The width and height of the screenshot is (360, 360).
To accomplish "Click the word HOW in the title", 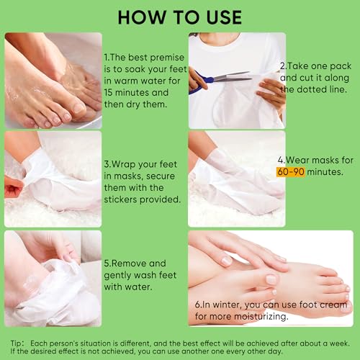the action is coord(142,17).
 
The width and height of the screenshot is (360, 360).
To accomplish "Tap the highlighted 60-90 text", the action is coord(291,172).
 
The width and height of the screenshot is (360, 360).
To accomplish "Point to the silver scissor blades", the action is coord(232,77).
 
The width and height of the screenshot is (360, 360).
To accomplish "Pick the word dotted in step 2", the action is coord(312,89).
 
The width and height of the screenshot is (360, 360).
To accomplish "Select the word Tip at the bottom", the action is coord(16,343).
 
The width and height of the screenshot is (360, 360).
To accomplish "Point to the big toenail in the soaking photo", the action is coord(78,107).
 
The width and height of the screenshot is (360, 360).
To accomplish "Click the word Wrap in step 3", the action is coord(124,165).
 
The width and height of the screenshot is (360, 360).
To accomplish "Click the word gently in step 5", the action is coord(117,276).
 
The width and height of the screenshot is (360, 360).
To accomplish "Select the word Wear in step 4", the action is coord(297,160).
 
